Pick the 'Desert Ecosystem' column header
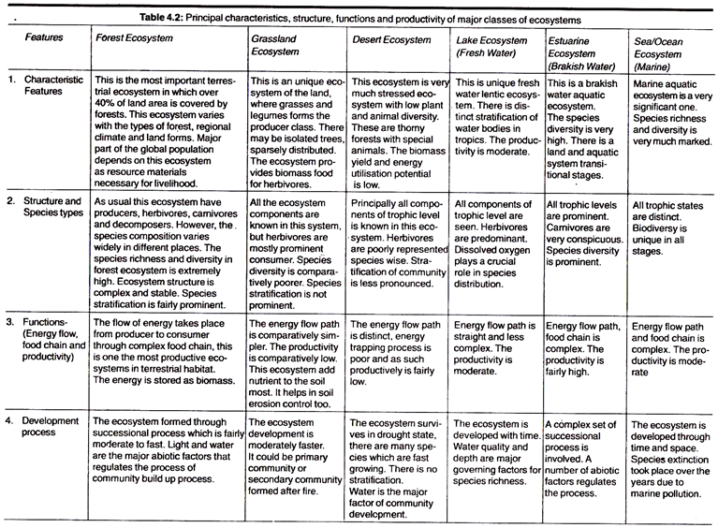pos(391,41)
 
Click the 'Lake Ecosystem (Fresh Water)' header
pos(491,49)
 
